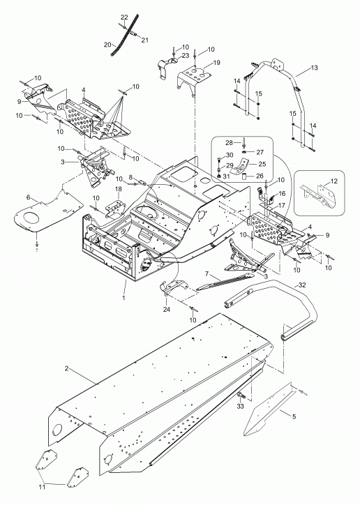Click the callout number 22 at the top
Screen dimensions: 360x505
(x=125, y=17)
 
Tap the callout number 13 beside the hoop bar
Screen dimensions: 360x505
(x=314, y=68)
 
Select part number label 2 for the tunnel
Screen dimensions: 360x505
(x=67, y=368)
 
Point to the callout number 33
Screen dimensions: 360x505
(x=241, y=407)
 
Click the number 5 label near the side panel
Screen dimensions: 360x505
(x=294, y=416)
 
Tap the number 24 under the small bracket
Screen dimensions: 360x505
(x=167, y=310)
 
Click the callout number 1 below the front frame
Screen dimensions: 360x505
(x=123, y=298)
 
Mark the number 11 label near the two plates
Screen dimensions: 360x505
(x=42, y=488)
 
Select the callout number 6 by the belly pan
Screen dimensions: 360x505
(x=28, y=197)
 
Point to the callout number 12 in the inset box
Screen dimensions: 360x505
(x=334, y=181)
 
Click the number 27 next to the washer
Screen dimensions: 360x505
(x=260, y=152)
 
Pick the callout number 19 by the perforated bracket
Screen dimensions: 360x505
(x=217, y=63)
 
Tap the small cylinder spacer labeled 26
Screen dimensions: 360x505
(x=244, y=176)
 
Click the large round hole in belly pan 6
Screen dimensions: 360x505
(x=32, y=218)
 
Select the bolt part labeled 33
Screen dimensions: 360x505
(x=240, y=395)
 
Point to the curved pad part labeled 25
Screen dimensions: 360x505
(x=241, y=165)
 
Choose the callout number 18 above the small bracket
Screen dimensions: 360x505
(x=118, y=188)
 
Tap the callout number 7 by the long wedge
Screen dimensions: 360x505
(x=207, y=273)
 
